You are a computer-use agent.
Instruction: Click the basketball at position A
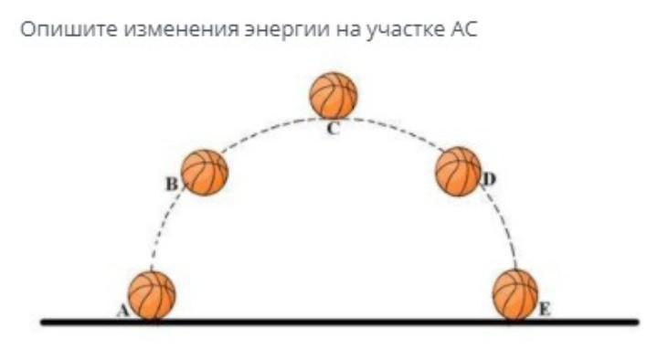coord(152,296)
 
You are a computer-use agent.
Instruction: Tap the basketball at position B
coord(205,173)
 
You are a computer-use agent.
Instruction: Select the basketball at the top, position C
coord(334,96)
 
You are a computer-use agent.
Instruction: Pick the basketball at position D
coord(458,171)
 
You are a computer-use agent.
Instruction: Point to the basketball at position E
coord(515,295)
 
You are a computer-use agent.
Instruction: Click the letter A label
coord(122,311)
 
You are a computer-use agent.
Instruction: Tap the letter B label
coord(172,184)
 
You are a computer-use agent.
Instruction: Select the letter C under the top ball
coord(333,129)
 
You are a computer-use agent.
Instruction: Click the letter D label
coord(489,179)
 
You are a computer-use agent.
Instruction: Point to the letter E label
coord(545,310)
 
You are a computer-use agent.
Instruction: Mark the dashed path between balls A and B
coord(164,227)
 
